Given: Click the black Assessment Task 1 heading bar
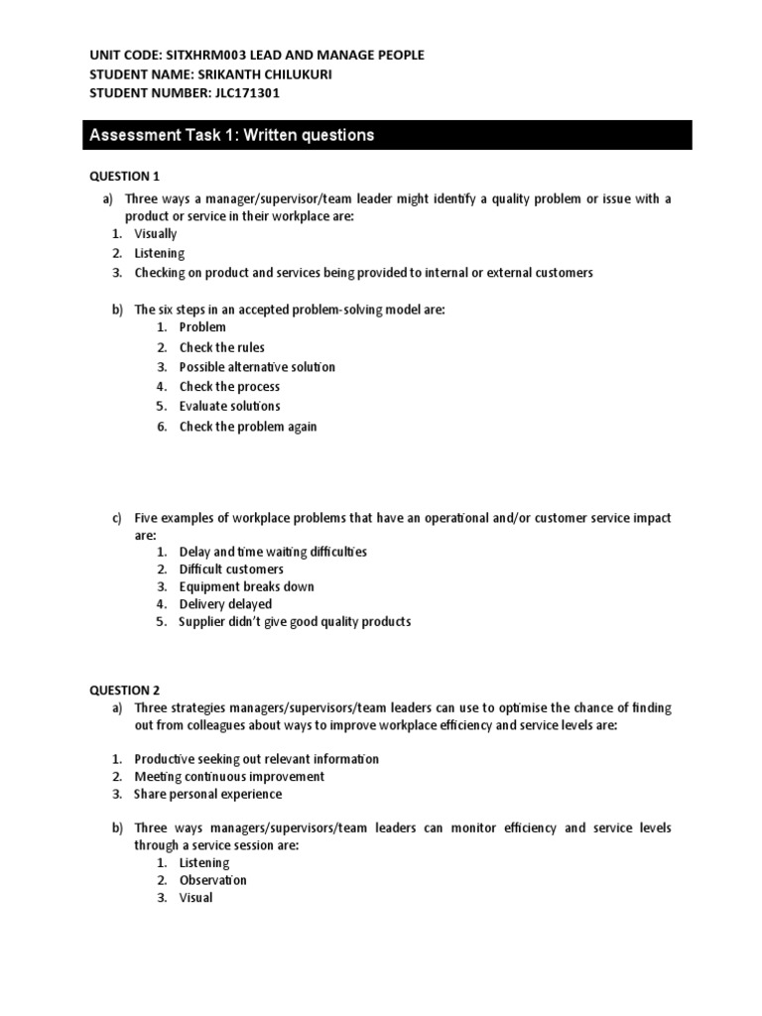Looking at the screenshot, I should (x=386, y=135).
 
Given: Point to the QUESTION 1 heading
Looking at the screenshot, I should (x=124, y=176).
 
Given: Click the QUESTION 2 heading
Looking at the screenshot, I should (x=124, y=690).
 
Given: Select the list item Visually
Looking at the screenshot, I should (x=156, y=234).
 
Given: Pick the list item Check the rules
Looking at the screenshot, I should (x=221, y=347).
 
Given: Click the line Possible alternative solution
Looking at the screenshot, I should (x=257, y=367).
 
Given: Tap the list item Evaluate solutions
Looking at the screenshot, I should (x=229, y=406).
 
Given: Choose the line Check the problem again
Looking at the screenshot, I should (x=248, y=427).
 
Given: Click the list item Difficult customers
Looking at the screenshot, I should (x=231, y=570).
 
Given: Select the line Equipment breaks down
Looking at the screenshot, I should (x=246, y=586).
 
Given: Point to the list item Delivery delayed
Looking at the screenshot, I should (x=225, y=604).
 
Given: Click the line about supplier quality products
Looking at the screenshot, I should (x=294, y=622).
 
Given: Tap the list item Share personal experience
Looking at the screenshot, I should (x=208, y=794).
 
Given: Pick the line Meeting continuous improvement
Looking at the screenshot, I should (x=229, y=777).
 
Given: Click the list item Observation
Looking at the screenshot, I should (x=212, y=880).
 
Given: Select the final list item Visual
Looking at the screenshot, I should (x=195, y=898).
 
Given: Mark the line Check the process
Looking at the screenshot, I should (x=229, y=387).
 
